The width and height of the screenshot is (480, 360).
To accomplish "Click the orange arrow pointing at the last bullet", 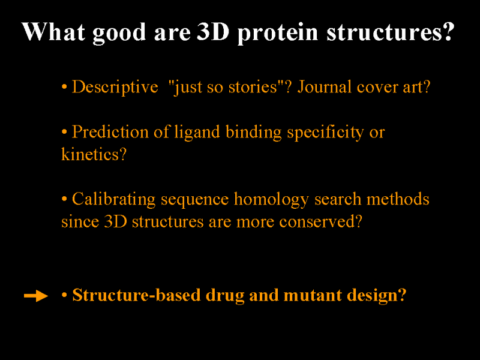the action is click(36, 296).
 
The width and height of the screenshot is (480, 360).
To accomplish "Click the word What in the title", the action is click(53, 32).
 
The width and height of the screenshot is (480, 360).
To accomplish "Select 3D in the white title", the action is click(213, 32).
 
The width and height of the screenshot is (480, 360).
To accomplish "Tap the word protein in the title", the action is click(278, 33).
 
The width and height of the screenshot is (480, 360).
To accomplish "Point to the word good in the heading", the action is click(119, 33).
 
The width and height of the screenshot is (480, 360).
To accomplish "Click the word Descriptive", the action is click(115, 87).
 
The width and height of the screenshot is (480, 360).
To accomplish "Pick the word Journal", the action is click(324, 86).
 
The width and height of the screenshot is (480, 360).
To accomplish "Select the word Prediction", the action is click(110, 132).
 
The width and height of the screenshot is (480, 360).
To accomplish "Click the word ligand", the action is click(197, 133).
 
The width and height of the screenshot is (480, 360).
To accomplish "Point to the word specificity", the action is click(325, 133).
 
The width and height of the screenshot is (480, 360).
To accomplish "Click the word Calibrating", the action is click(113, 199).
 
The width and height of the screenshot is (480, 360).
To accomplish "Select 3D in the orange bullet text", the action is click(115, 221).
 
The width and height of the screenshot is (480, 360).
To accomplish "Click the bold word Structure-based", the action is click(136, 295).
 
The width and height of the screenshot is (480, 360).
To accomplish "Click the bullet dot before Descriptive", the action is click(64, 87).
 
